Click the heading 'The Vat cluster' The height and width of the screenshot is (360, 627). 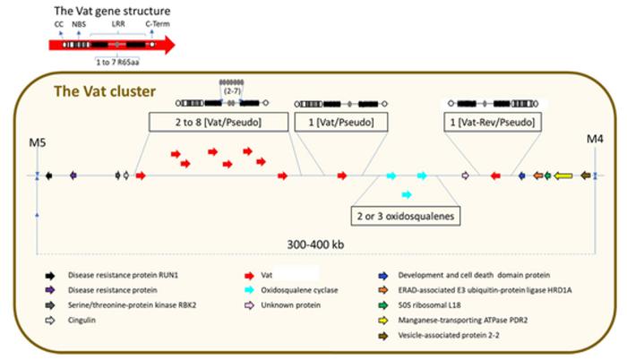[106, 90]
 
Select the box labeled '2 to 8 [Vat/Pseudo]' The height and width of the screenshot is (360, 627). [218, 121]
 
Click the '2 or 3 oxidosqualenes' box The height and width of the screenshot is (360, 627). [404, 216]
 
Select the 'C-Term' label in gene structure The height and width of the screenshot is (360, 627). [155, 25]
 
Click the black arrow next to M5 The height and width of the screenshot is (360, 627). [50, 176]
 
